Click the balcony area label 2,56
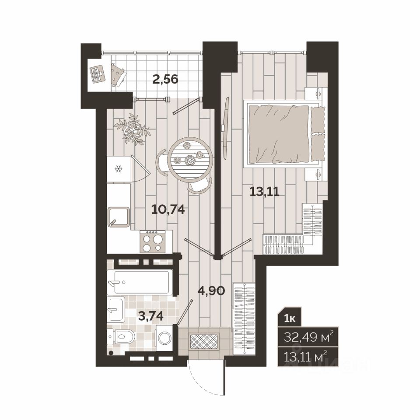pos(165,79)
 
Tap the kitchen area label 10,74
pos(168,210)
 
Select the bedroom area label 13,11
pos(264,192)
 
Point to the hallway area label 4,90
pos(211,290)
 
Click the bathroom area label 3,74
pos(151,316)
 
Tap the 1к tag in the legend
pos(290,319)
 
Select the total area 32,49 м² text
pos(308,337)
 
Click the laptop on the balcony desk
pos(97,73)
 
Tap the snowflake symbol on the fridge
pos(118,169)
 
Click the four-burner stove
pos(152,241)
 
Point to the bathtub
pos(140,282)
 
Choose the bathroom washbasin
pos(116,310)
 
